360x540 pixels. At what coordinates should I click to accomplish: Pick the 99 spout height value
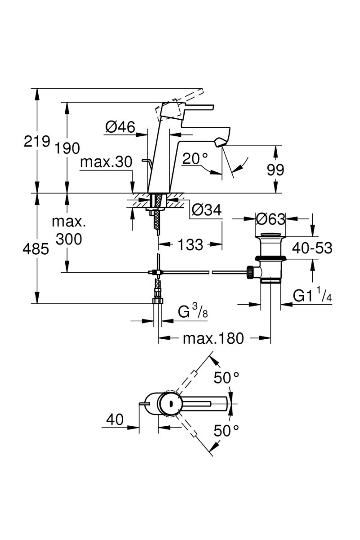(275, 170)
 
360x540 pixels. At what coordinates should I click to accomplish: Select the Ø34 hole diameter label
(207, 210)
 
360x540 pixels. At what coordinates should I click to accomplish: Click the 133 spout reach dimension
(190, 244)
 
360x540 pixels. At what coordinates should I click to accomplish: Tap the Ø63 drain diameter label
(270, 219)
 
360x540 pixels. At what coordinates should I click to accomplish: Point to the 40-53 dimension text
(312, 248)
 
